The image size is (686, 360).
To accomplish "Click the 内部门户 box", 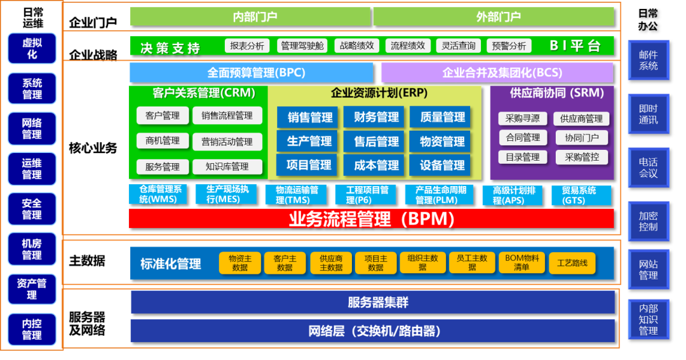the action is pos(250,17).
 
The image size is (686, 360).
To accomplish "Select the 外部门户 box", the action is pos(494,17).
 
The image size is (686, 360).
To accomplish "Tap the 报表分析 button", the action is pos(247,46).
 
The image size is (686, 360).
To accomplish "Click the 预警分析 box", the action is pos(509,46).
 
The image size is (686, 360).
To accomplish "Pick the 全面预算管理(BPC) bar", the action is pos(251,72).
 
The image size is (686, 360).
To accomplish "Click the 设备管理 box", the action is pos(442,166).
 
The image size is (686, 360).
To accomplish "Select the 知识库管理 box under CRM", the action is pos(227,167).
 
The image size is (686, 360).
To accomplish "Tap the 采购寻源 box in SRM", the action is pos(522,119).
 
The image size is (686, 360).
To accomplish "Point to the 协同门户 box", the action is pos(581,138).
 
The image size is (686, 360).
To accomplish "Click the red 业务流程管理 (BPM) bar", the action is pos(371,219).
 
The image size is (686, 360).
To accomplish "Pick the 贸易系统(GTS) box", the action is pos(578,195).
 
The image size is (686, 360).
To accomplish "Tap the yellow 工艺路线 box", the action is pos(572,263).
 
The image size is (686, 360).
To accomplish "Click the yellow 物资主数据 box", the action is pos(239,263).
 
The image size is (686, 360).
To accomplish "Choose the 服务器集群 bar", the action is pos(373,303).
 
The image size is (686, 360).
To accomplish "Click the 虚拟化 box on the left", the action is pos(32,49).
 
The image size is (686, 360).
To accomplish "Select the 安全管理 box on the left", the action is pos(32,210).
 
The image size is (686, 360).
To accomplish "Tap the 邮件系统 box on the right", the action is pos(648,60).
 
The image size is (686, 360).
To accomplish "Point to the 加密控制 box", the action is pos(648,222).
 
